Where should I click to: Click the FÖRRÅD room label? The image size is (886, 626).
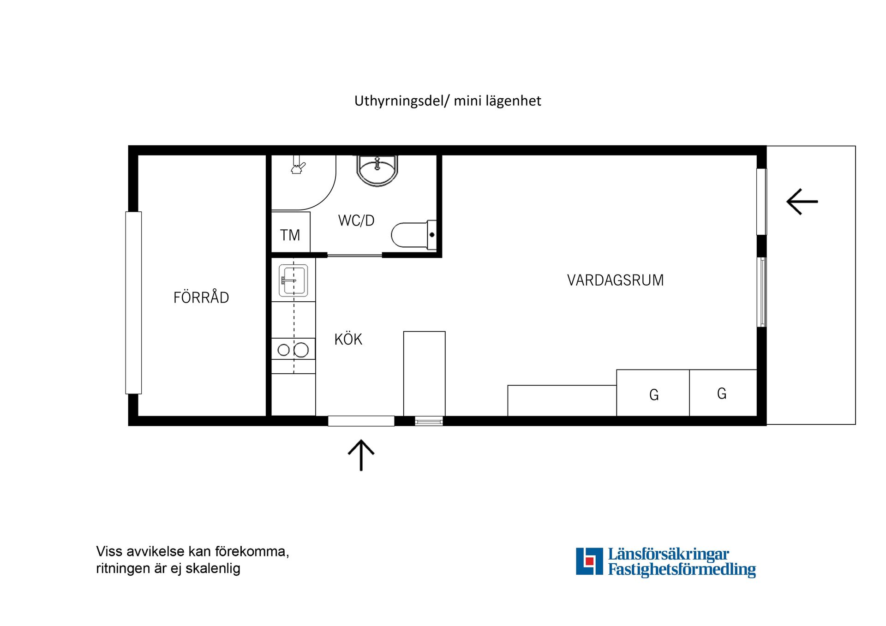(201, 298)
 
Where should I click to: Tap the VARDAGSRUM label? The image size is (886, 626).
(615, 280)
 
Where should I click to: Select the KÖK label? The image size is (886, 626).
(348, 340)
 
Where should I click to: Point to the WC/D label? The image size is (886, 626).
(356, 221)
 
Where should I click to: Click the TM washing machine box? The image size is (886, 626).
(290, 233)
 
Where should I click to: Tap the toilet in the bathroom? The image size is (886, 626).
(413, 235)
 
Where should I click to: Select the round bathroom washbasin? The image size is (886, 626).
(377, 170)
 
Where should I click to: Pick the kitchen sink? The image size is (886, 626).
(293, 280)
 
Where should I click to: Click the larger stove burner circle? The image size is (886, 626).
(301, 350)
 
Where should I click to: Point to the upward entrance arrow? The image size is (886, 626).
(361, 454)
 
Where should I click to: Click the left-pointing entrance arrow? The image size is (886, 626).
(802, 202)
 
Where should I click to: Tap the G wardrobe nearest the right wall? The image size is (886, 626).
(722, 393)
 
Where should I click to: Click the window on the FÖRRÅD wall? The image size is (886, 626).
(133, 303)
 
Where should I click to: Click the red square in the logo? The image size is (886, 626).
(589, 561)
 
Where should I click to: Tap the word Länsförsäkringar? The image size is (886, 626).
(668, 554)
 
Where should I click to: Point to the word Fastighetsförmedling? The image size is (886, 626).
(682, 569)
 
